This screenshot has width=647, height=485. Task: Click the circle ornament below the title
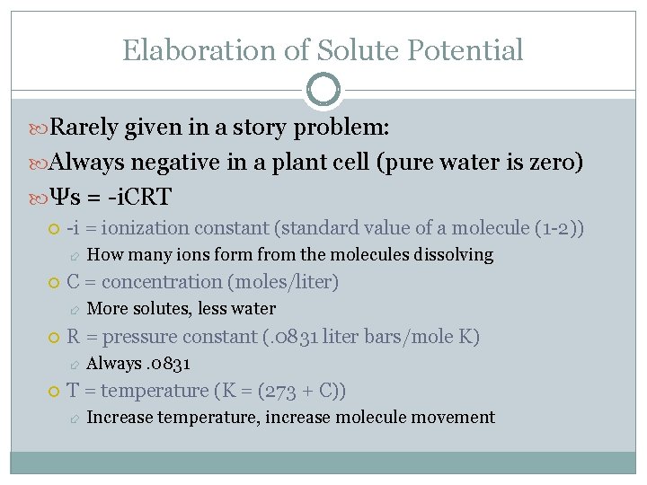(x=323, y=90)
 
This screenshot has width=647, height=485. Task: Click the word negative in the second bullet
(x=182, y=163)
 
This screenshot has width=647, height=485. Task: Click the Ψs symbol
(x=65, y=197)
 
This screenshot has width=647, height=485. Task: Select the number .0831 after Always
(x=166, y=364)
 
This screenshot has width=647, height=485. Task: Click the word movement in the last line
(x=458, y=418)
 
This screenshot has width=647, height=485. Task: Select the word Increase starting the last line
(x=118, y=418)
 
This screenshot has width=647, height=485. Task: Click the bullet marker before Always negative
(x=38, y=163)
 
